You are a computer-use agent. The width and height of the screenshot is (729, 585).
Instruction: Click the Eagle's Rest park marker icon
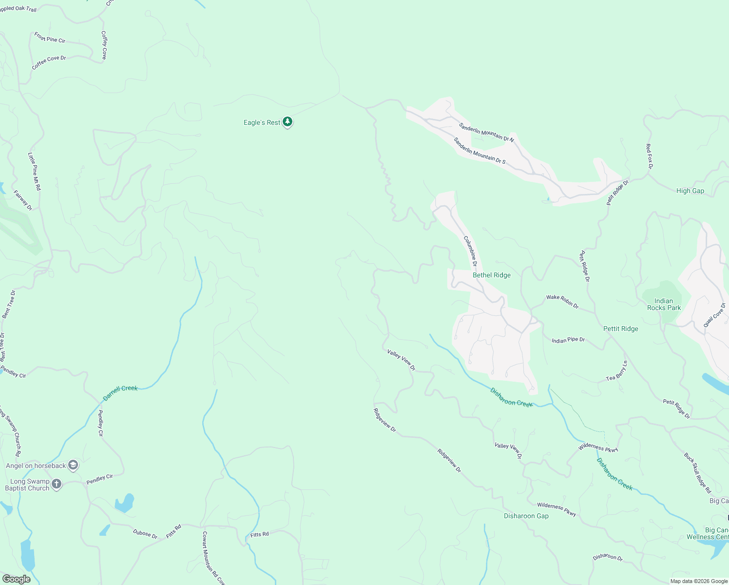pos(288,121)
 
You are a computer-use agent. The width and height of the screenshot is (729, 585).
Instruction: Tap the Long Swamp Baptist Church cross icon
pos(57,484)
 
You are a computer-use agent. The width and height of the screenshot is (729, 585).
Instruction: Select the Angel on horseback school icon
pos(73,465)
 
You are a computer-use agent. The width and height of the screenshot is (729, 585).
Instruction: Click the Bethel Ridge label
pos(492,275)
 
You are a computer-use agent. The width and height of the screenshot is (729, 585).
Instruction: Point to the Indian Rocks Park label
pos(664,304)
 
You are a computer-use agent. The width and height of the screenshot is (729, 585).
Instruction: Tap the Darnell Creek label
pos(120,392)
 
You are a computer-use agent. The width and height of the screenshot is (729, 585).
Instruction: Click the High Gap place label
pos(690,191)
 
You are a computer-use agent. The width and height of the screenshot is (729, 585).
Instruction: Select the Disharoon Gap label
pos(526,516)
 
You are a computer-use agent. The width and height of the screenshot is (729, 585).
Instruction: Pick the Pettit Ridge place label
pos(620,329)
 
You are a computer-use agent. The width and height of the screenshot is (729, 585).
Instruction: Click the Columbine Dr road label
pos(470,251)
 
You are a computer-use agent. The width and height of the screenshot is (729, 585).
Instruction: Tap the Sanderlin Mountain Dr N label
pos(486,132)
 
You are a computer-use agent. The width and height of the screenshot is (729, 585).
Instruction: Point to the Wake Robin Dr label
pos(562,301)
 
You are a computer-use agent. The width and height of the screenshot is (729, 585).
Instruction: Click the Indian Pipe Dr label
pos(568,340)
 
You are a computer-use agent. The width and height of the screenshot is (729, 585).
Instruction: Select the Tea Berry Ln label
pos(617,371)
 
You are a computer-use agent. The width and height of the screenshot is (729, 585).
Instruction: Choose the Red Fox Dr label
pos(649,156)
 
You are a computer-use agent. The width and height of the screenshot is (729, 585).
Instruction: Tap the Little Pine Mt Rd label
pos(35,171)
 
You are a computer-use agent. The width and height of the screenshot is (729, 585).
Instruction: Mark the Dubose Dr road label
pos(145,534)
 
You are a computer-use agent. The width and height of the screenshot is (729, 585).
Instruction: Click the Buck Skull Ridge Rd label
pos(697,472)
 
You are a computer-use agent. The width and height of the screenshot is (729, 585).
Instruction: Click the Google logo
pos(16,579)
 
